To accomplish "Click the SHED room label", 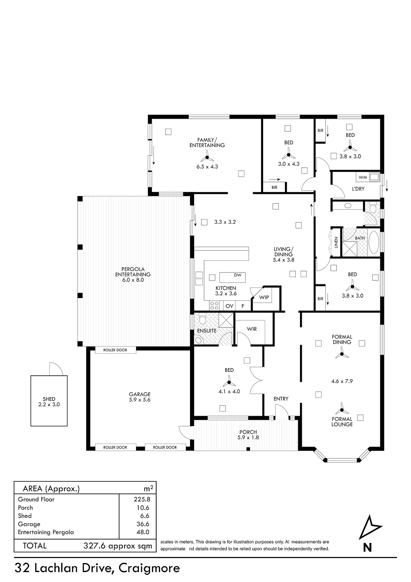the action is pyautogui.click(x=49, y=399).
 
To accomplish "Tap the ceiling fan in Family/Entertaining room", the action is pyautogui.click(x=207, y=157).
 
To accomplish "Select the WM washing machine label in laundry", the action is pyautogui.click(x=362, y=178).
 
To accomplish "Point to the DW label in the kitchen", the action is pyautogui.click(x=238, y=275).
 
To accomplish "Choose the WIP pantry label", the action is pyautogui.click(x=264, y=297).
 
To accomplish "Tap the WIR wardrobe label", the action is pyautogui.click(x=252, y=329).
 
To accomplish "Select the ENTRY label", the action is pyautogui.click(x=281, y=399).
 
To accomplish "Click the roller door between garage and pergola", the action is pyautogui.click(x=115, y=350).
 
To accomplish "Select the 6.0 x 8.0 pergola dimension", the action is pyautogui.click(x=133, y=280).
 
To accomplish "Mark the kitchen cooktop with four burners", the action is pyautogui.click(x=214, y=305).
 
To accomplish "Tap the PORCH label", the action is pyautogui.click(x=248, y=432).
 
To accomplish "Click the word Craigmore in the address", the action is pyautogui.click(x=149, y=568).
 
